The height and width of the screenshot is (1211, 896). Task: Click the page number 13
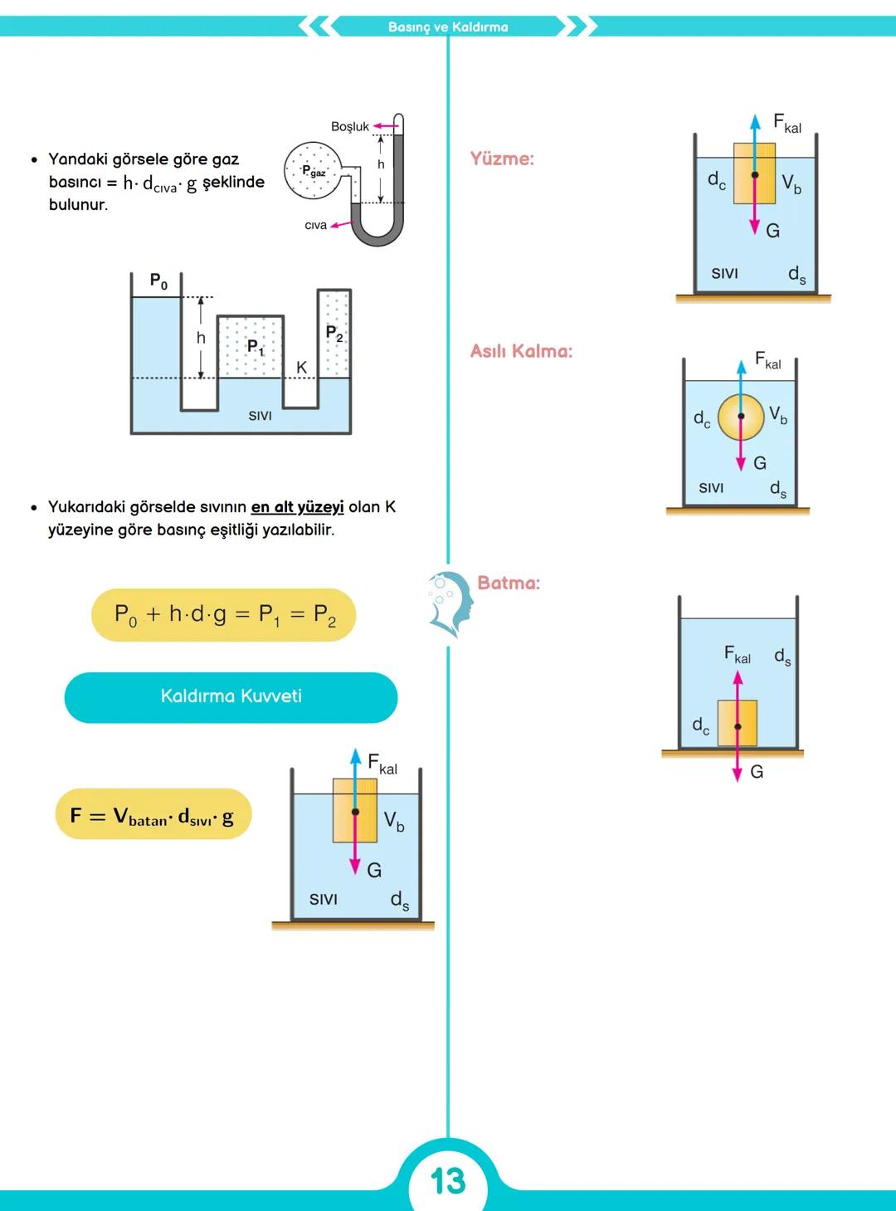(x=448, y=1180)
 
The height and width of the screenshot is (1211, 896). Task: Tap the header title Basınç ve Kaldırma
(x=448, y=27)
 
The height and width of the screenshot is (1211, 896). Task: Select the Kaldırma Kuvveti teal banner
(x=231, y=696)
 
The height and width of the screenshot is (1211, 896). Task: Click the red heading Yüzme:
(x=502, y=159)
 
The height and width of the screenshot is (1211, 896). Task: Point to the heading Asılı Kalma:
(x=521, y=351)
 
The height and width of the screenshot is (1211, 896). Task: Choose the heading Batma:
(x=509, y=583)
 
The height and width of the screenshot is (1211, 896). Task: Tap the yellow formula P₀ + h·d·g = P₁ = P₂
(x=224, y=615)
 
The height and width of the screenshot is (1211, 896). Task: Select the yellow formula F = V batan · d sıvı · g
(x=153, y=815)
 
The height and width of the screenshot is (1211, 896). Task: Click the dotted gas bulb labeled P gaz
(x=313, y=171)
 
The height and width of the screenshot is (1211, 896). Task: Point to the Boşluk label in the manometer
(x=349, y=127)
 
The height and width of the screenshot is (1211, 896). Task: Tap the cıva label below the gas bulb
(x=315, y=225)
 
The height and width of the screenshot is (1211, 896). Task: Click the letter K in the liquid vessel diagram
(x=301, y=367)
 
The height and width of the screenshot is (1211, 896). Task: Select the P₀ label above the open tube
(x=158, y=281)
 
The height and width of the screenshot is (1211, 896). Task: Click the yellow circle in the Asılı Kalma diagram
(x=741, y=417)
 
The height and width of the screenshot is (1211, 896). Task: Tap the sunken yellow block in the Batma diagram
(x=738, y=724)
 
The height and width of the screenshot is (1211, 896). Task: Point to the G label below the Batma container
(x=757, y=772)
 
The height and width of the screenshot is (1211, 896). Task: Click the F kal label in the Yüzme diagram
(x=786, y=124)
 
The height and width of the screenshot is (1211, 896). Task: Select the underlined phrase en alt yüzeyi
(x=297, y=506)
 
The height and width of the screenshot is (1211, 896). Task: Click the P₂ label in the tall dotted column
(x=334, y=334)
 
